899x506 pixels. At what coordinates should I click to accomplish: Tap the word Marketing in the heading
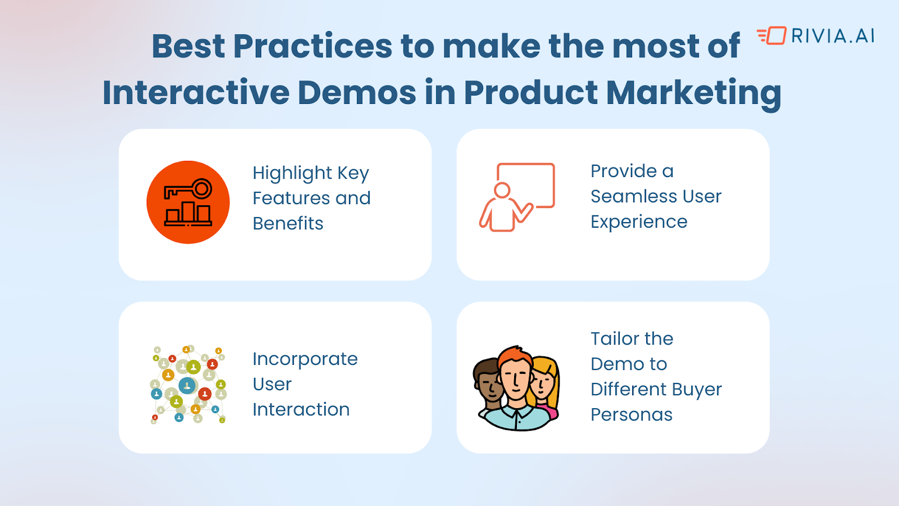tap(693, 93)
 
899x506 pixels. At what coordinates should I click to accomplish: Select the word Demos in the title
tap(357, 92)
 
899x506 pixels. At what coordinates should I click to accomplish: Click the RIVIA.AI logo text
tap(833, 36)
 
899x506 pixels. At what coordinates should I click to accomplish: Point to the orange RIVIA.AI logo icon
tap(771, 36)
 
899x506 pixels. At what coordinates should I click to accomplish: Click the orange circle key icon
tap(188, 202)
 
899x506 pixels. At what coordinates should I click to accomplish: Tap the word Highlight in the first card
tap(292, 174)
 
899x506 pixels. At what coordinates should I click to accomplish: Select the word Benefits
tap(288, 223)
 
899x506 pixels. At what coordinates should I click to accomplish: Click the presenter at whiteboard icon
tap(517, 197)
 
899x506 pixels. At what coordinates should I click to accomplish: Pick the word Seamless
tap(626, 196)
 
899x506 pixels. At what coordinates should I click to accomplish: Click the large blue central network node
tap(187, 386)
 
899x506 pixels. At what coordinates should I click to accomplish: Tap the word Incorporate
tap(305, 359)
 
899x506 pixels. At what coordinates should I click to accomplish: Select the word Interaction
tap(301, 410)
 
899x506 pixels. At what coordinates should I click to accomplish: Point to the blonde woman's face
tap(543, 385)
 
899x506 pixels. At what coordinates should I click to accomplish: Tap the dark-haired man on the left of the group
tap(488, 386)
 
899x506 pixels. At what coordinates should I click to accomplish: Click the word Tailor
tap(615, 338)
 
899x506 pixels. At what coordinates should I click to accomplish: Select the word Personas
tap(632, 414)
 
